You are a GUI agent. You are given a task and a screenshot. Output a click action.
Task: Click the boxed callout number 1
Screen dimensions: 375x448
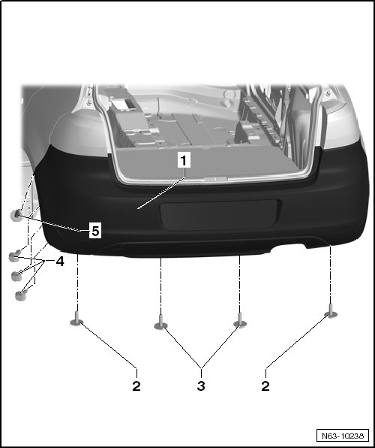pyautogui.click(x=184, y=160)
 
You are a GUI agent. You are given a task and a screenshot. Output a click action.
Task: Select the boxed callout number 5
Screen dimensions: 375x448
pyautogui.click(x=95, y=231)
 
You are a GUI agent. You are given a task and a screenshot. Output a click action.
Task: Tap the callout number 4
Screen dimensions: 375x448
pyautogui.click(x=60, y=261)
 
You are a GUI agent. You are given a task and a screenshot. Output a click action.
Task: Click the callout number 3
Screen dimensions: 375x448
pyautogui.click(x=201, y=386)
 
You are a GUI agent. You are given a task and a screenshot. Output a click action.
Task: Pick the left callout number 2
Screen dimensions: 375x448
pyautogui.click(x=136, y=386)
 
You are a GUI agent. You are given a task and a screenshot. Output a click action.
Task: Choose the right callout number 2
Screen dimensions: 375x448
pyautogui.click(x=265, y=386)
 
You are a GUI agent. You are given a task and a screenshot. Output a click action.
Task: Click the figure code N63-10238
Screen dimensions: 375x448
pyautogui.click(x=343, y=436)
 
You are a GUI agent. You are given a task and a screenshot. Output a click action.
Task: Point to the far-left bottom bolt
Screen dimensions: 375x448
pyautogui.click(x=76, y=319)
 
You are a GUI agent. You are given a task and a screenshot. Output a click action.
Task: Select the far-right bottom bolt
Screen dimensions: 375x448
pyautogui.click(x=331, y=311)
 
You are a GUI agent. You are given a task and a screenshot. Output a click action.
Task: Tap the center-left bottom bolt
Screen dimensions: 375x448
pyautogui.click(x=160, y=323)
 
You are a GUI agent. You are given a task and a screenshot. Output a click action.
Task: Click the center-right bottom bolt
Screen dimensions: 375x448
pyautogui.click(x=240, y=321)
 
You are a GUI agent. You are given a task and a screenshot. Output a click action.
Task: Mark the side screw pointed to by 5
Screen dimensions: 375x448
pyautogui.click(x=16, y=215)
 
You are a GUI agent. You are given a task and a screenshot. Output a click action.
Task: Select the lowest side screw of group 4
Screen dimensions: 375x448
pyautogui.click(x=21, y=295)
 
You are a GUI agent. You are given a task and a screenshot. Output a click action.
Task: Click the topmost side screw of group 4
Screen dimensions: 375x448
pyautogui.click(x=14, y=256)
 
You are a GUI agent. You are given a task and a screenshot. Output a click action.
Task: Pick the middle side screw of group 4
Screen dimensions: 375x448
pyautogui.click(x=17, y=276)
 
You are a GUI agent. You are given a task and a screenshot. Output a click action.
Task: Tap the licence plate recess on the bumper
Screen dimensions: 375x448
pyautogui.click(x=219, y=215)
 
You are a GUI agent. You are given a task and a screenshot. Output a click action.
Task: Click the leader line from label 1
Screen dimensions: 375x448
pyautogui.click(x=161, y=193)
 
